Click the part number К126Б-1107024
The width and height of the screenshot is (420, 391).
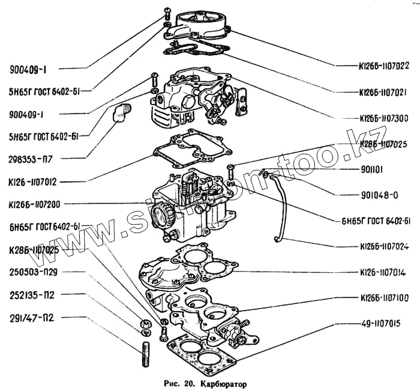384,246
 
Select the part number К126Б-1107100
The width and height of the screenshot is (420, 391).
384,298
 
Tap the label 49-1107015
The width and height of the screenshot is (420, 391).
384,324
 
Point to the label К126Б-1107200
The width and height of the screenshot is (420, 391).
37,204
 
